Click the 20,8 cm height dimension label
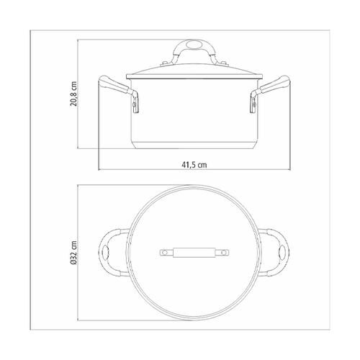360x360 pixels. [x=73, y=94]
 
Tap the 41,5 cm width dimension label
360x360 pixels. [x=194, y=165]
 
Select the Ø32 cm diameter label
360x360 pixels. [x=73, y=253]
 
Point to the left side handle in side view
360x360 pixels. [x=119, y=94]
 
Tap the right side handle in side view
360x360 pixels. [x=270, y=94]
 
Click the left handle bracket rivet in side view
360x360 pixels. [x=135, y=104]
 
